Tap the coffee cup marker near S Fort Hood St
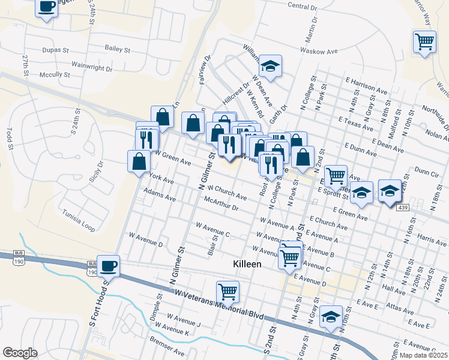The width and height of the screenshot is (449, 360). pyautogui.click(x=109, y=266)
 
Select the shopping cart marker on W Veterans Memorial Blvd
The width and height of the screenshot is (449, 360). pyautogui.click(x=228, y=292)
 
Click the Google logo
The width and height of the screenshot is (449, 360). pyautogui.click(x=20, y=353)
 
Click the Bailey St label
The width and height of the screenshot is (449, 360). pyautogui.click(x=117, y=49)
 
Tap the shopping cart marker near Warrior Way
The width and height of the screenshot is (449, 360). pyautogui.click(x=424, y=41)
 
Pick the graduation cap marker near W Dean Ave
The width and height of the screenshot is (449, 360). pyautogui.click(x=271, y=66)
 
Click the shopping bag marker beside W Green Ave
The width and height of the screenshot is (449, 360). pyautogui.click(x=139, y=161)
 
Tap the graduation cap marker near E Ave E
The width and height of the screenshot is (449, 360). pyautogui.click(x=330, y=316)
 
